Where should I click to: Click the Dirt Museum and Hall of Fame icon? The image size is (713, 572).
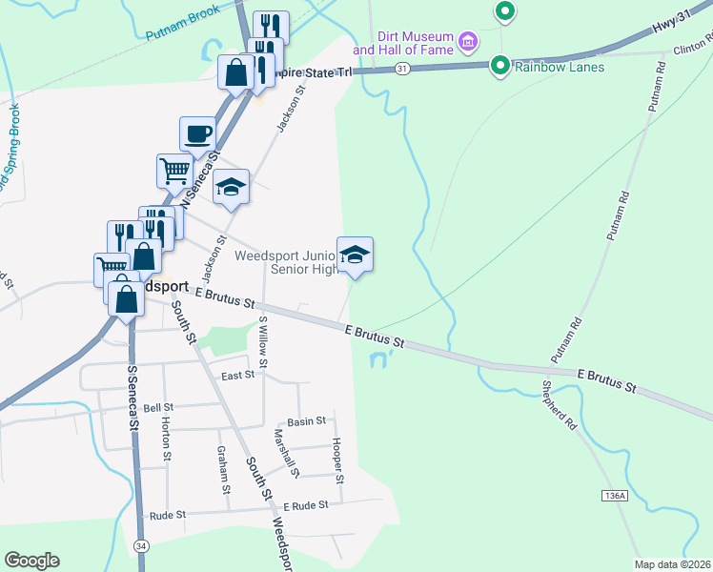click(x=468, y=41)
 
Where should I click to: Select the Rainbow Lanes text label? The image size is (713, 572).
click(x=560, y=67)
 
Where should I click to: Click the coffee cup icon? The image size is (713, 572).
click(x=197, y=134)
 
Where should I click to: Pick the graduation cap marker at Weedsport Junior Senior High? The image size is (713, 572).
click(x=355, y=255)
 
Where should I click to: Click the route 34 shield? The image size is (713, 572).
click(x=141, y=545)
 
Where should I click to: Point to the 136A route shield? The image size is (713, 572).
click(x=615, y=497)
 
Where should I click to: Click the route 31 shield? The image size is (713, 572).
click(x=402, y=69)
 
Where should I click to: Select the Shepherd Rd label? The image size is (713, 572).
click(x=560, y=405)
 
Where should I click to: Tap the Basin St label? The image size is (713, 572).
click(x=307, y=420)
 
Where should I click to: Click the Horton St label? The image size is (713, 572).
click(x=167, y=437)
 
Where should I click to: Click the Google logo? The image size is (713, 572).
click(x=32, y=561)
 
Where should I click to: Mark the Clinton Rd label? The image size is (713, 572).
click(x=692, y=47)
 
